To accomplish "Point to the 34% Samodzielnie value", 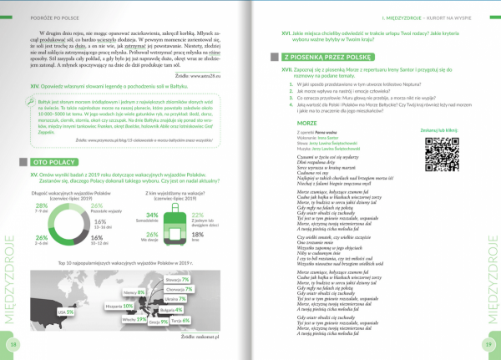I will pos(152,215).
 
